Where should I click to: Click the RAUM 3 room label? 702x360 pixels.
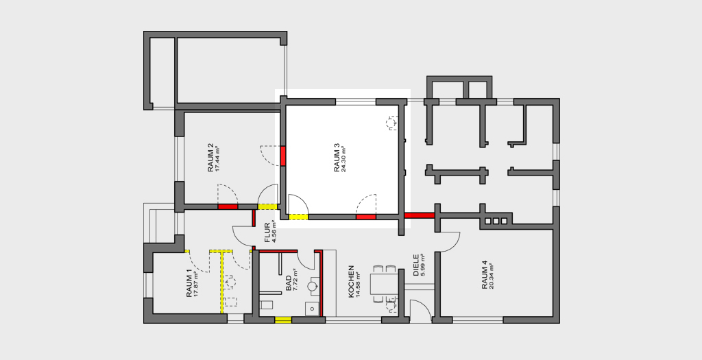[337, 158]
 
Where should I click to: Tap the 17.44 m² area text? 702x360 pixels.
[218, 159]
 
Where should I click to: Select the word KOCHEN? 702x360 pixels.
[352, 281]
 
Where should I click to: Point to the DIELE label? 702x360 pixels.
[416, 265]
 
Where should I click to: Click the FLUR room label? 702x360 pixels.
[268, 232]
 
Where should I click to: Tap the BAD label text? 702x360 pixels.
[289, 283]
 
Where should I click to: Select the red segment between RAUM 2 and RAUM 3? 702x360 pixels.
[283, 156]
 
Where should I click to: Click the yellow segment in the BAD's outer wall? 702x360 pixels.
[283, 320]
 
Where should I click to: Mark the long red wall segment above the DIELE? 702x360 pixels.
[420, 215]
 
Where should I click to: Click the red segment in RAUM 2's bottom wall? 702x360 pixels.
[228, 207]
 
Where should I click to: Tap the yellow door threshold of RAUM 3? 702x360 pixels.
[298, 217]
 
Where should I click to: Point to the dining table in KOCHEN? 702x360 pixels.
[384, 284]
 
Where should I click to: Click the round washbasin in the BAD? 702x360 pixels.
[313, 285]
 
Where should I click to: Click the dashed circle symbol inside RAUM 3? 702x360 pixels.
[391, 122]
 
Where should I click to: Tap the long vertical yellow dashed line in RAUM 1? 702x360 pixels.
[221, 282]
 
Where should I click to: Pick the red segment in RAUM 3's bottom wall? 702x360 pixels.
[366, 217]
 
